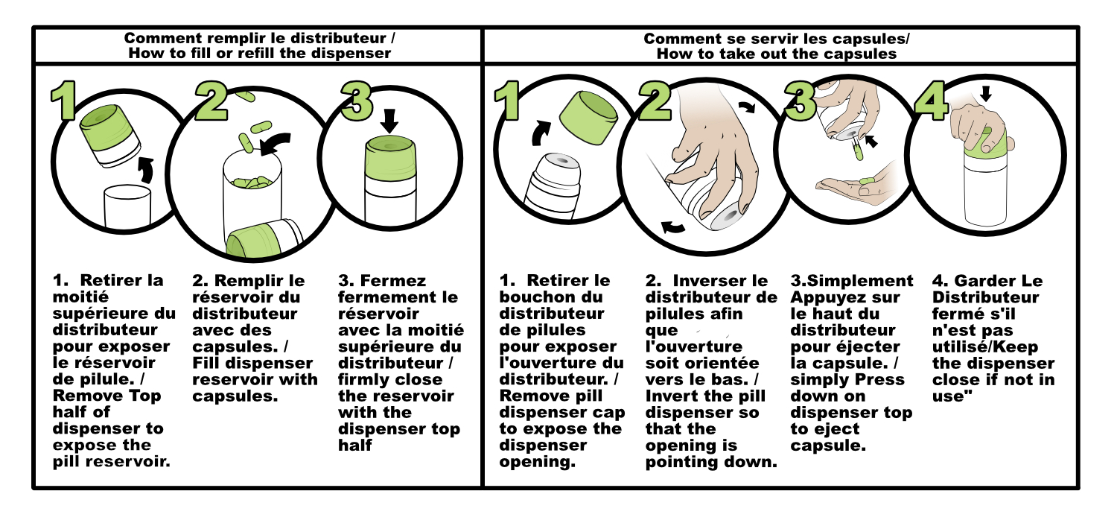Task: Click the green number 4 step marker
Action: coord(932,102)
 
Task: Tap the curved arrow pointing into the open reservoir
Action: coord(276,144)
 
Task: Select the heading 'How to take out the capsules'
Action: coord(777,54)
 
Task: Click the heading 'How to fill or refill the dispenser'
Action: coord(260,54)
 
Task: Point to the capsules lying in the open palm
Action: coord(867,180)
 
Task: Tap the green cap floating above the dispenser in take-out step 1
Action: coord(588,118)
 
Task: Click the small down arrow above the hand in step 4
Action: coord(985,93)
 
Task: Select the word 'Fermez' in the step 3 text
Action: coord(393,280)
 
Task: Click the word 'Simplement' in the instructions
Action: coord(860,280)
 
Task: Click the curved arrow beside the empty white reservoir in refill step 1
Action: coord(146,170)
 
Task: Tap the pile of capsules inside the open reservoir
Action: coord(252,183)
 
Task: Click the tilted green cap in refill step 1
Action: coord(111,135)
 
